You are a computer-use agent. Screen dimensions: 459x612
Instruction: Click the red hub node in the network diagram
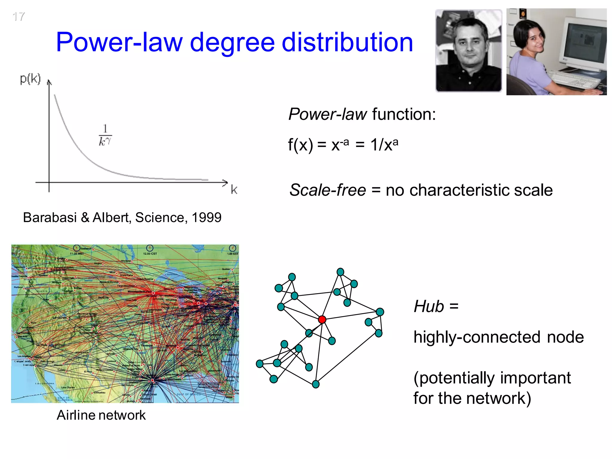coord(322,319)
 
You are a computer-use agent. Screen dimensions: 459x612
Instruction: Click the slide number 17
coord(19,17)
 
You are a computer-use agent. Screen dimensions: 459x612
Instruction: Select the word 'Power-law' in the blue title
coord(119,42)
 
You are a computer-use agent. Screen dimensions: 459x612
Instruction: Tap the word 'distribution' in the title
coord(347,42)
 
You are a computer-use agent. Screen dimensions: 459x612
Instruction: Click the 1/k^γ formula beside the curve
coord(105,135)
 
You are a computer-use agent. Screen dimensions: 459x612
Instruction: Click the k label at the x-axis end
coord(234,189)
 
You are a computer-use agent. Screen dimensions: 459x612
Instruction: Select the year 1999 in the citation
coord(206,218)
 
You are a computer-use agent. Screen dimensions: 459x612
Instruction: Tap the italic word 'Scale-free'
coord(328,190)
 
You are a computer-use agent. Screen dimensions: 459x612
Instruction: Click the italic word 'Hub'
coord(429,307)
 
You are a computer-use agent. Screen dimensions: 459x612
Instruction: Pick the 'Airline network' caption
coord(101,415)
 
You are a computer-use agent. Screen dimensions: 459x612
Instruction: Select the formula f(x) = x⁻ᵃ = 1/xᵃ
coord(343,145)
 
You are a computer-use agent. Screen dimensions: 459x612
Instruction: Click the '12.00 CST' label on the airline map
coord(150,254)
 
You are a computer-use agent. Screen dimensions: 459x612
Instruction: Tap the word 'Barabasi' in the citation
coord(50,218)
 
